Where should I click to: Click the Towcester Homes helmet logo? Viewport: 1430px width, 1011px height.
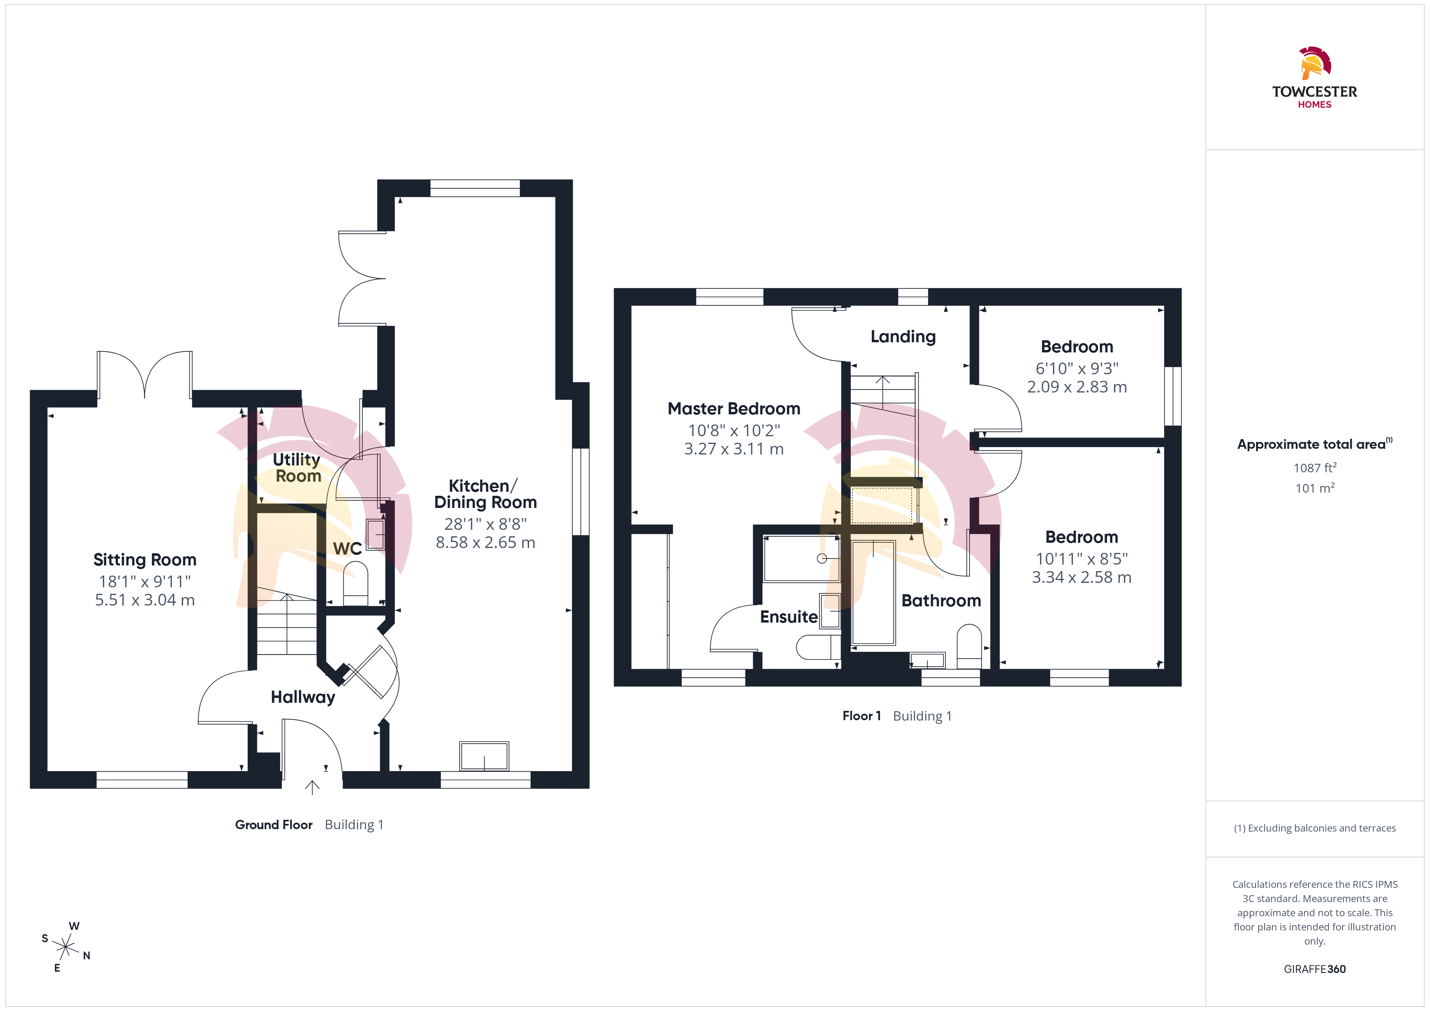click(x=1315, y=63)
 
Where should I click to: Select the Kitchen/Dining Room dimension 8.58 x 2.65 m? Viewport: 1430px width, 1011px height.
click(x=485, y=542)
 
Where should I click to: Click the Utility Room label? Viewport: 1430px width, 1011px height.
click(x=298, y=467)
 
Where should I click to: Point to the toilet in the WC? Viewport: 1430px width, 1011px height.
click(x=355, y=583)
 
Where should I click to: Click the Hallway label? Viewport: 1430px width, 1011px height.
click(x=303, y=697)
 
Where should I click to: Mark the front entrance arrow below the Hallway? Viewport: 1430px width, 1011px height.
click(x=312, y=787)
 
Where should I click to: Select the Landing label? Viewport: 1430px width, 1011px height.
click(x=903, y=337)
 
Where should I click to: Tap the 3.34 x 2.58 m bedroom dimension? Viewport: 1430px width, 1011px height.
click(x=1081, y=577)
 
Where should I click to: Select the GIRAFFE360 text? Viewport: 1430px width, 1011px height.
click(x=1315, y=969)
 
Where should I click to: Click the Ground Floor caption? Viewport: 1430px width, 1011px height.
click(x=274, y=825)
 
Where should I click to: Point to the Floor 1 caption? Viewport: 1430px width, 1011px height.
click(x=861, y=716)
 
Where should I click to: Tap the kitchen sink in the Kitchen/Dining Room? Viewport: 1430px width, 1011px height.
click(x=484, y=756)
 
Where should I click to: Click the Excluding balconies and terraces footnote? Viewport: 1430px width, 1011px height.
click(x=1315, y=828)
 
